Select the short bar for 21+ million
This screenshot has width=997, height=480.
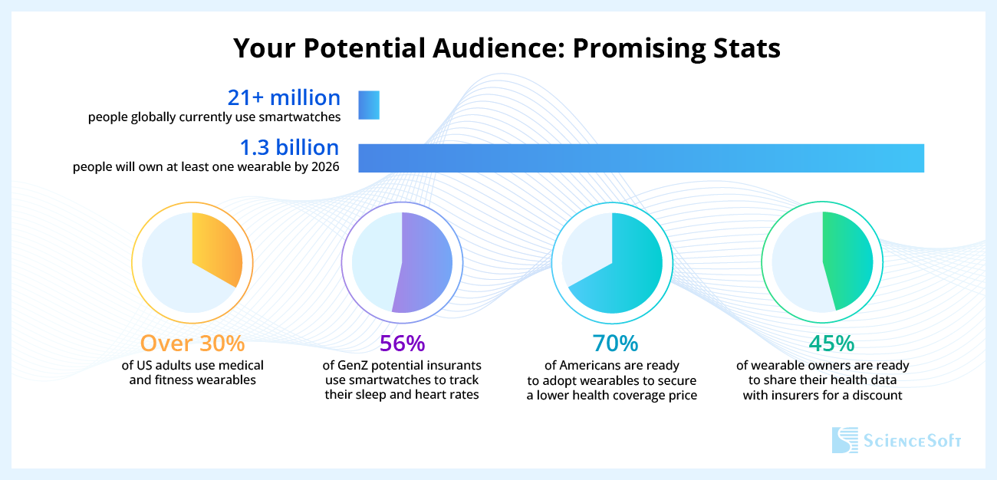(x=369, y=105)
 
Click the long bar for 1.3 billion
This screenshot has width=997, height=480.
(x=641, y=157)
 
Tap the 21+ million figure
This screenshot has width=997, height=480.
(x=284, y=98)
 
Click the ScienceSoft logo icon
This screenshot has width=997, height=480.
(x=845, y=441)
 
